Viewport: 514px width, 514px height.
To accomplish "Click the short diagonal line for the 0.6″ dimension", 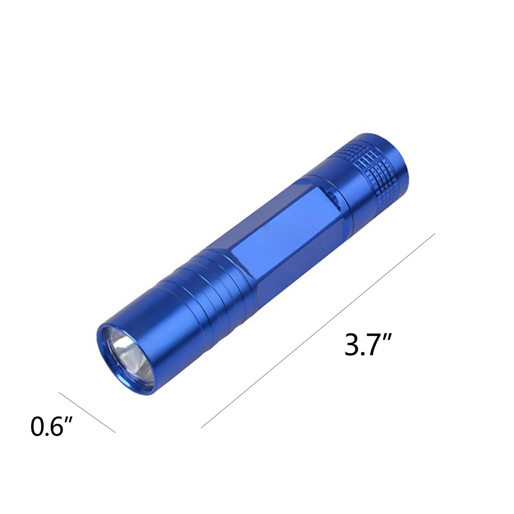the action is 87,416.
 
